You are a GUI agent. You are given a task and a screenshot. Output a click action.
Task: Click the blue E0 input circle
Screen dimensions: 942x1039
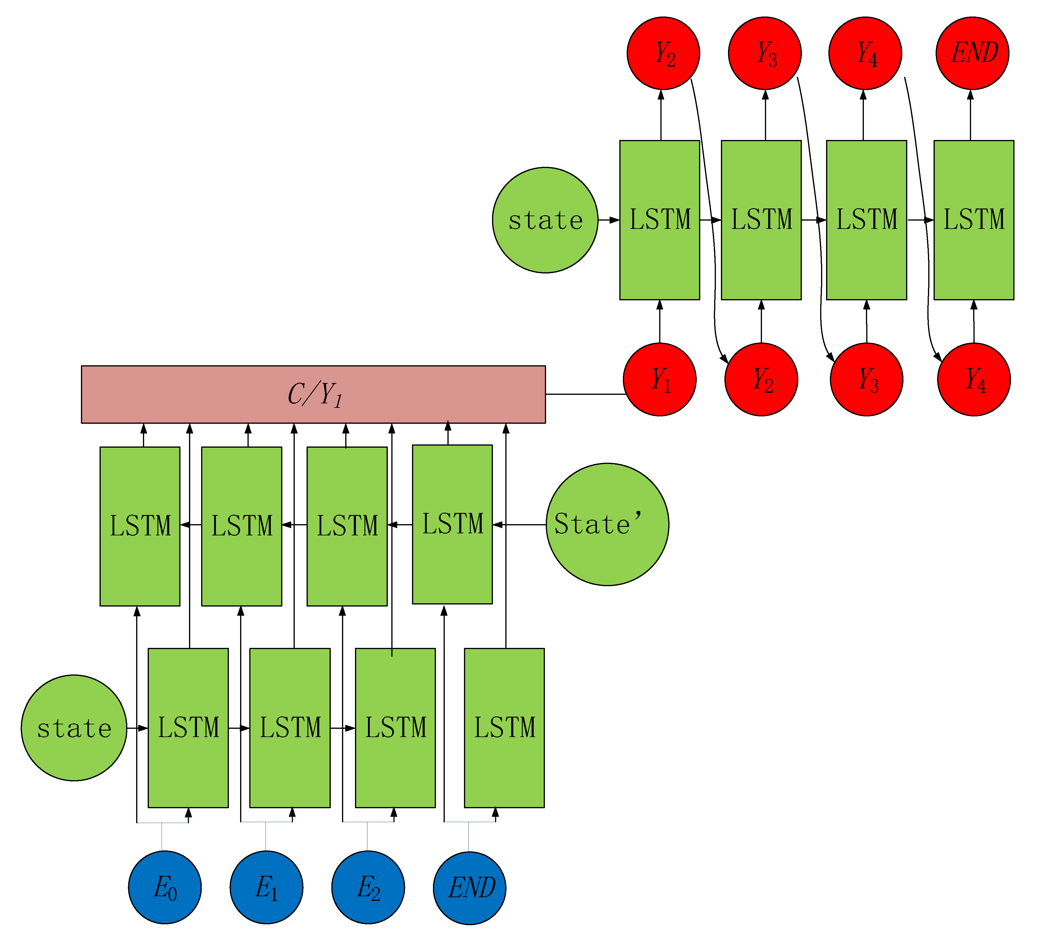pos(165,887)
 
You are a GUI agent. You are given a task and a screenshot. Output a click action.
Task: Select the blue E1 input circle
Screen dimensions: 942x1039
pos(266,887)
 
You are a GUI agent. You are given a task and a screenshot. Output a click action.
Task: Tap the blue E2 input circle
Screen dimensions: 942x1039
pos(367,887)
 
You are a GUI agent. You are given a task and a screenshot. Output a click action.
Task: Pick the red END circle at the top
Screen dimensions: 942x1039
pos(972,53)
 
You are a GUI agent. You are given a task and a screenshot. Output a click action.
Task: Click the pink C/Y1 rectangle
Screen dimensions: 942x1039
pos(313,394)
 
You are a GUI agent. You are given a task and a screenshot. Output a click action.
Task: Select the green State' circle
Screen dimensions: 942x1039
pos(607,524)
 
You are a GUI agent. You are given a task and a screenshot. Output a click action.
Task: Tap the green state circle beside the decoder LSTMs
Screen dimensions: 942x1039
pos(545,220)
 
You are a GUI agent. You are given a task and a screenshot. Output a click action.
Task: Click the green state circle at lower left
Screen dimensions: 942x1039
pos(74,728)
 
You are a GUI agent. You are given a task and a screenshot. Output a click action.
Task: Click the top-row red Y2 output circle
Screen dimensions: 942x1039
pos(663,53)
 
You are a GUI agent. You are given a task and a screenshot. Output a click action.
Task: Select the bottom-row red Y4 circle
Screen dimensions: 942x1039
pos(973,379)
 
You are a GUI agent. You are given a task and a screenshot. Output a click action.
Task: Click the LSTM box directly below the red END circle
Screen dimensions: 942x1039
pos(973,220)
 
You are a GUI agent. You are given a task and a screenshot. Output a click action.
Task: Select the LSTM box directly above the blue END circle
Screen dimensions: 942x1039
pos(504,728)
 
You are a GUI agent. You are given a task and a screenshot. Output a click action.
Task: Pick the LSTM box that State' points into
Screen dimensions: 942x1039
pos(452,524)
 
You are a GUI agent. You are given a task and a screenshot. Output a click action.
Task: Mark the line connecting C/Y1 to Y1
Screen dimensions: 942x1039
pos(585,394)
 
